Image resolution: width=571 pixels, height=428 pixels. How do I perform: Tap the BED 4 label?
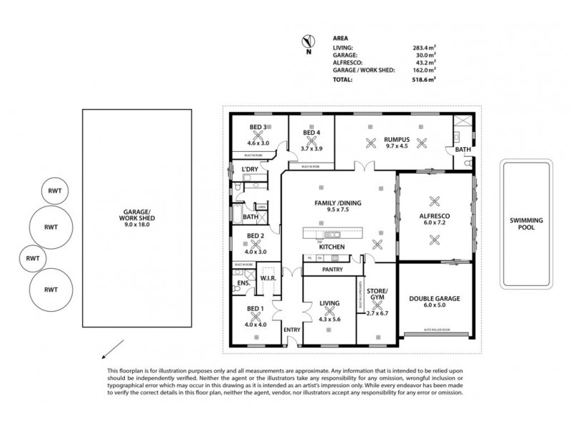pyautogui.click(x=310, y=133)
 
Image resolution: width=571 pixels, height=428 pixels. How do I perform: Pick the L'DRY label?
pyautogui.click(x=249, y=169)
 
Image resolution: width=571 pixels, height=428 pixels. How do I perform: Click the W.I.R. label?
pyautogui.click(x=268, y=277)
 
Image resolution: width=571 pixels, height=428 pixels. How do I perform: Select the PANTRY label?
pyautogui.click(x=333, y=270)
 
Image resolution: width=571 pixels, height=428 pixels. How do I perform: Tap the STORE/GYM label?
pyautogui.click(x=375, y=294)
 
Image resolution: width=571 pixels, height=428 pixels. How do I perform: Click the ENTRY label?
pyautogui.click(x=292, y=330)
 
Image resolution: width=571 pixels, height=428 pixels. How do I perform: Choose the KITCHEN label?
pyautogui.click(x=333, y=247)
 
